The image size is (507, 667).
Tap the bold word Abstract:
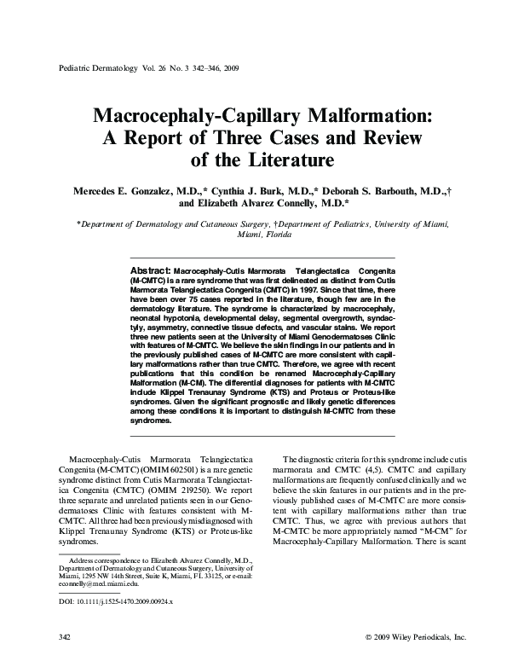tap(150, 268)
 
